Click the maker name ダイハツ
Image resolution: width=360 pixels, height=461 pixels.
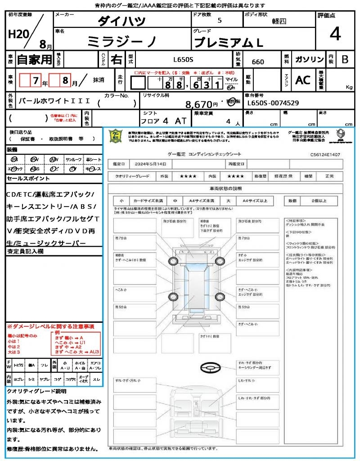(121, 21)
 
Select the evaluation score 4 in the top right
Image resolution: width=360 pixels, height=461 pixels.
(334, 34)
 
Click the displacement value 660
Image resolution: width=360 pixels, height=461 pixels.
(258, 62)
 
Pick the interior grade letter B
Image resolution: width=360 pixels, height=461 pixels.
(345, 59)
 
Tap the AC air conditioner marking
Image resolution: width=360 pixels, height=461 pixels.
(303, 80)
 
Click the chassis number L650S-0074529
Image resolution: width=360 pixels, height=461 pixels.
(273, 103)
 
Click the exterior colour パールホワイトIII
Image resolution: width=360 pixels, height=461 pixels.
(54, 101)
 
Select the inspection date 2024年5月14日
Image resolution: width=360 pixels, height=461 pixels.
(154, 164)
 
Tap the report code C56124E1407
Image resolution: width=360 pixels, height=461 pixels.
(325, 154)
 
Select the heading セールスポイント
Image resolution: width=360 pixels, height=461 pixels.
(28, 179)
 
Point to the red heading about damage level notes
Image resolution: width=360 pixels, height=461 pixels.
(50, 326)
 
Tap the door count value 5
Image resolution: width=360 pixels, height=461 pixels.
(219, 21)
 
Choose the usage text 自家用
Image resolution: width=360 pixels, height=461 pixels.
(35, 59)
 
